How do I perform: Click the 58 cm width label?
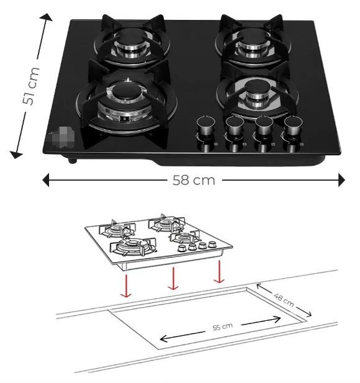coord(193,180)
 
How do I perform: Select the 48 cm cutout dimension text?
coord(284,301)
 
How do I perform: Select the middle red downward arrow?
coord(173,279)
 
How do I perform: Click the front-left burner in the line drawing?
coord(130,246)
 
